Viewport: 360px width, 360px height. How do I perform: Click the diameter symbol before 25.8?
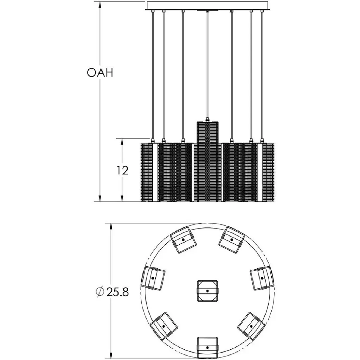99,292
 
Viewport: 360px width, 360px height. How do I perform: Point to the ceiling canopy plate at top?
207,6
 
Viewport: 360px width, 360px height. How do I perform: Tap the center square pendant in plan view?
207,291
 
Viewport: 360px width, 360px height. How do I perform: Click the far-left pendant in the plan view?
154,277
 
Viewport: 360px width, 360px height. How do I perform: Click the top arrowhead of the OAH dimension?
101,5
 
